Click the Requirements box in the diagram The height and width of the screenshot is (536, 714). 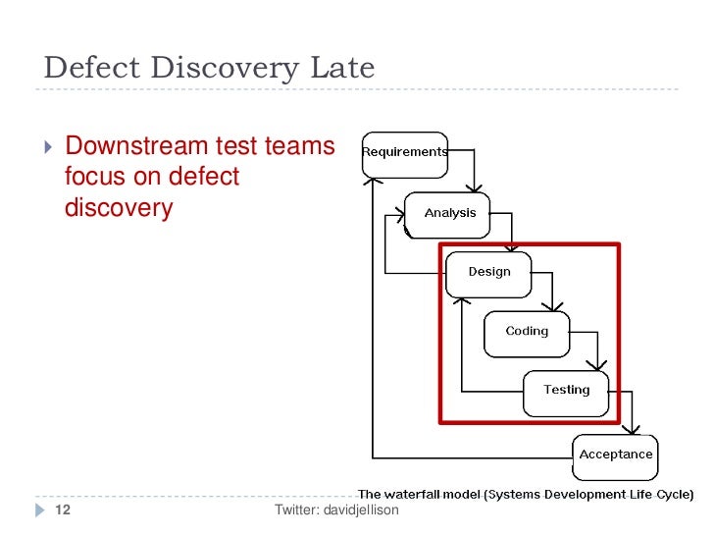pyautogui.click(x=405, y=153)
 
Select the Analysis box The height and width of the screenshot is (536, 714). pyautogui.click(x=448, y=214)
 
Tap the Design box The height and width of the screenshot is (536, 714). pyautogui.click(x=488, y=273)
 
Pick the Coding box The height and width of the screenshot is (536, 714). pyautogui.click(x=527, y=332)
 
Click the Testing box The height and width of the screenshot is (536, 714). pyautogui.click(x=566, y=391)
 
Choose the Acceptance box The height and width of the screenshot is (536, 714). pyautogui.click(x=615, y=456)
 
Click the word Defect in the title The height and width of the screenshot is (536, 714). pyautogui.click(x=89, y=68)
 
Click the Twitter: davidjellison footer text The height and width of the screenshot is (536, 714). pyautogui.click(x=336, y=509)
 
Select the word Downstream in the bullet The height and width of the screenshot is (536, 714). pyautogui.click(x=137, y=147)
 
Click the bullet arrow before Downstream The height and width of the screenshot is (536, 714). pyautogui.click(x=50, y=148)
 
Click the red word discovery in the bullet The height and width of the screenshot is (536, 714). pyautogui.click(x=118, y=208)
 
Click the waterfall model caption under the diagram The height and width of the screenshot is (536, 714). pyautogui.click(x=526, y=494)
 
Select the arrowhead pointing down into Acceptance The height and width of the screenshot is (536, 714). pyautogui.click(x=635, y=430)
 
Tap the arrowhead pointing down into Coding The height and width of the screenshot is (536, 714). pyautogui.click(x=554, y=306)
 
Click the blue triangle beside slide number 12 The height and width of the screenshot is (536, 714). pyautogui.click(x=39, y=510)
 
